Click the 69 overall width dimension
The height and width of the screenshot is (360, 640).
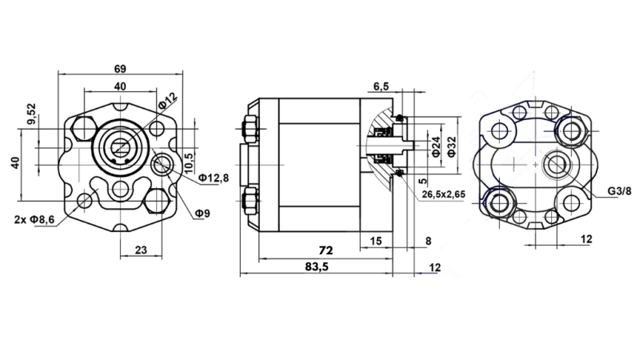(x=120, y=67)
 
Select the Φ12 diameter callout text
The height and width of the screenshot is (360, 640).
(x=167, y=102)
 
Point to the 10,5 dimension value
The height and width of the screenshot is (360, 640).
(x=189, y=150)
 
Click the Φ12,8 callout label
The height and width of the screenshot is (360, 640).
(x=214, y=177)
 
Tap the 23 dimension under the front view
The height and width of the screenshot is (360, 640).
(x=140, y=250)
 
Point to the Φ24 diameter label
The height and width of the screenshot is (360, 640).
(x=436, y=146)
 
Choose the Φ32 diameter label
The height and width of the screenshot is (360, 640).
(x=454, y=146)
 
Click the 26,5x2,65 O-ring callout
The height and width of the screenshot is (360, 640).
(x=438, y=194)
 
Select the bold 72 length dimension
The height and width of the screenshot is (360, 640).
(x=325, y=250)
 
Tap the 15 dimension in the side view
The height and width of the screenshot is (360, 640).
(x=376, y=241)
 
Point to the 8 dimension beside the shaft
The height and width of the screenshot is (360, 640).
(x=428, y=241)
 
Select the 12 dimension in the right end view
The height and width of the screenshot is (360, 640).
(x=586, y=238)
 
